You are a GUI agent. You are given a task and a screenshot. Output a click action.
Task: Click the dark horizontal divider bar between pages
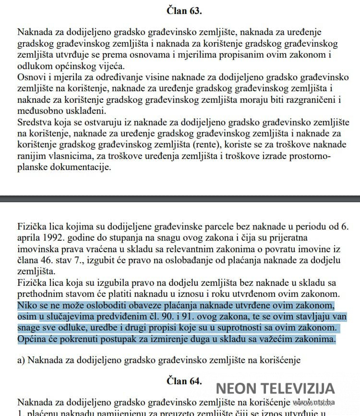tap(180, 198)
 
